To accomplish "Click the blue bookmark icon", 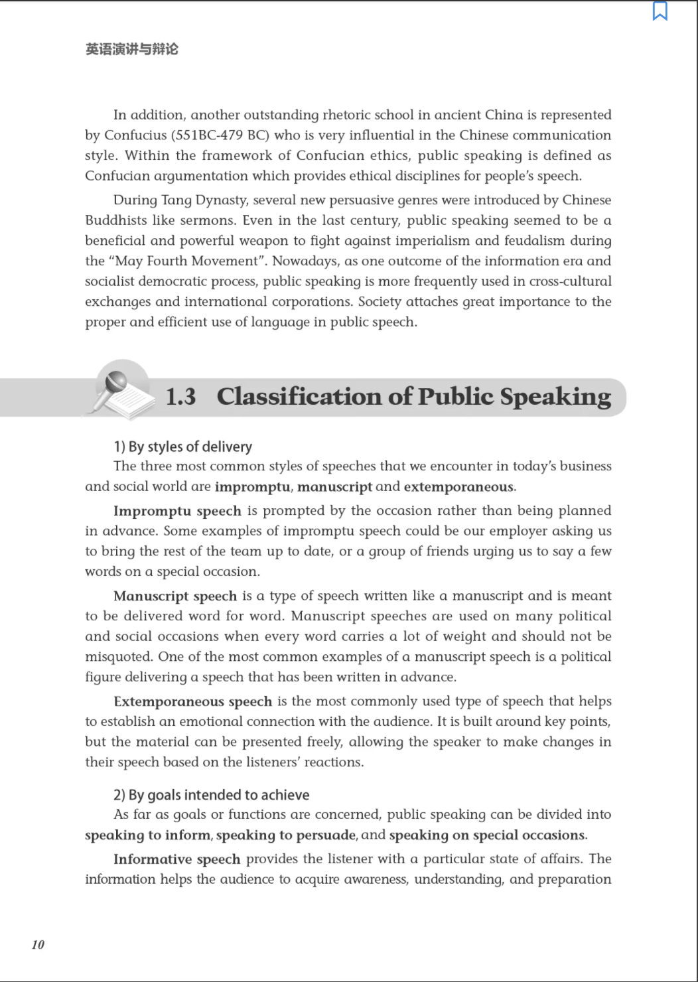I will (x=660, y=11).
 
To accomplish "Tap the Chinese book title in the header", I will (x=131, y=49).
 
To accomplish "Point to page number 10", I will (x=38, y=944).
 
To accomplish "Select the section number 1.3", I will (x=180, y=397).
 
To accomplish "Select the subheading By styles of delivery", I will (x=182, y=447).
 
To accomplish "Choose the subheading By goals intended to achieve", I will (x=211, y=795).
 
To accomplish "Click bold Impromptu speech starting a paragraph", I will (x=177, y=511).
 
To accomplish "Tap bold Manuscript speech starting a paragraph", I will (x=175, y=596).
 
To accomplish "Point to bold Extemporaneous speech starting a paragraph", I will (x=192, y=701).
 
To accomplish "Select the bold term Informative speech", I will (x=176, y=859).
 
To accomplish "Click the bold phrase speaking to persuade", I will (x=286, y=835).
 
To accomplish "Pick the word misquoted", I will (x=117, y=657).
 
